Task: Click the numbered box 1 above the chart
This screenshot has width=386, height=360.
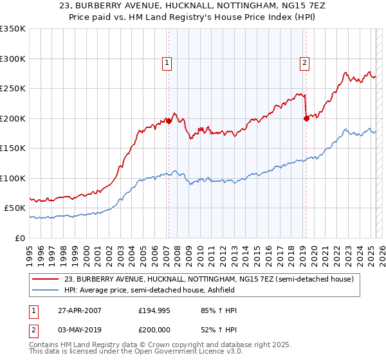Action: click(x=167, y=63)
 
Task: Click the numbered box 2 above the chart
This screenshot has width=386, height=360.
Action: click(x=304, y=63)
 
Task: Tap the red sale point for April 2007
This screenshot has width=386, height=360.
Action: click(x=169, y=121)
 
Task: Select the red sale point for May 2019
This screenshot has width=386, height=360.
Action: click(x=306, y=118)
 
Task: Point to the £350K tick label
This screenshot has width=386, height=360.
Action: click(x=13, y=29)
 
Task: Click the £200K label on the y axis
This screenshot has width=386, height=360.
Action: click(x=13, y=118)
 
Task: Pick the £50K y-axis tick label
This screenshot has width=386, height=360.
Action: click(x=15, y=208)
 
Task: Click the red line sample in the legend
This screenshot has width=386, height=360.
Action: click(x=45, y=280)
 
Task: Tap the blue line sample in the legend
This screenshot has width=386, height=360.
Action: click(x=45, y=291)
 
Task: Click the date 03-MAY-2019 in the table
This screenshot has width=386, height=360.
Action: click(x=78, y=328)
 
